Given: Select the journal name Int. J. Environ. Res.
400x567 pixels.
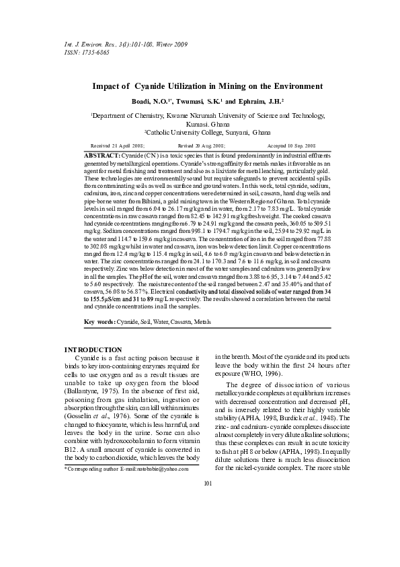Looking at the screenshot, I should pyautogui.click(x=86, y=44).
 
